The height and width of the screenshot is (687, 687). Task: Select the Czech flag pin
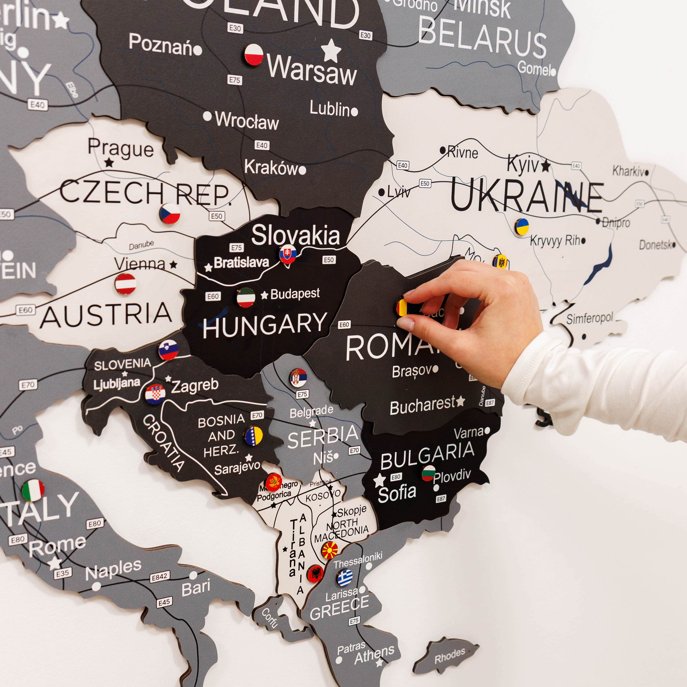pyautogui.click(x=170, y=213)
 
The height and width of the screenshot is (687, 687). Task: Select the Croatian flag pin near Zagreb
pyautogui.click(x=155, y=394)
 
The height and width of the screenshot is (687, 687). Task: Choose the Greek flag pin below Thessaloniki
pyautogui.click(x=345, y=577)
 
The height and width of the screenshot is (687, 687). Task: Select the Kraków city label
pyautogui.click(x=271, y=167)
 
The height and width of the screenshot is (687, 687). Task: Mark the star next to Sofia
pyautogui.click(x=379, y=481)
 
